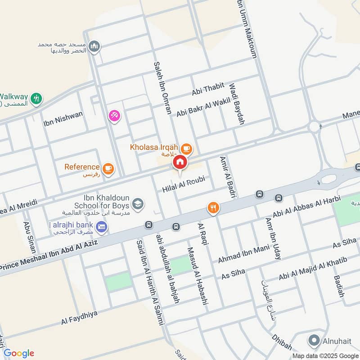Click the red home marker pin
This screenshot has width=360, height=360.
tap(180, 162)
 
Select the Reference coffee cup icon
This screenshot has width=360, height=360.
tap(108, 168)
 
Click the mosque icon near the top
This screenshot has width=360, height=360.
tap(94, 46)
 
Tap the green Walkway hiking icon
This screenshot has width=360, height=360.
tap(36, 98)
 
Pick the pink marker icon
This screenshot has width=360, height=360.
tap(114, 116)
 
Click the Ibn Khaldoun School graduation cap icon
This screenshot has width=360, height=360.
tap(138, 203)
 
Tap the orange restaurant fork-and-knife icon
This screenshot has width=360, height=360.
tap(213, 207)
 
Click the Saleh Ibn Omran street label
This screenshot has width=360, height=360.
tap(162, 88)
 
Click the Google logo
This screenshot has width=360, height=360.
tap(19, 353)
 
